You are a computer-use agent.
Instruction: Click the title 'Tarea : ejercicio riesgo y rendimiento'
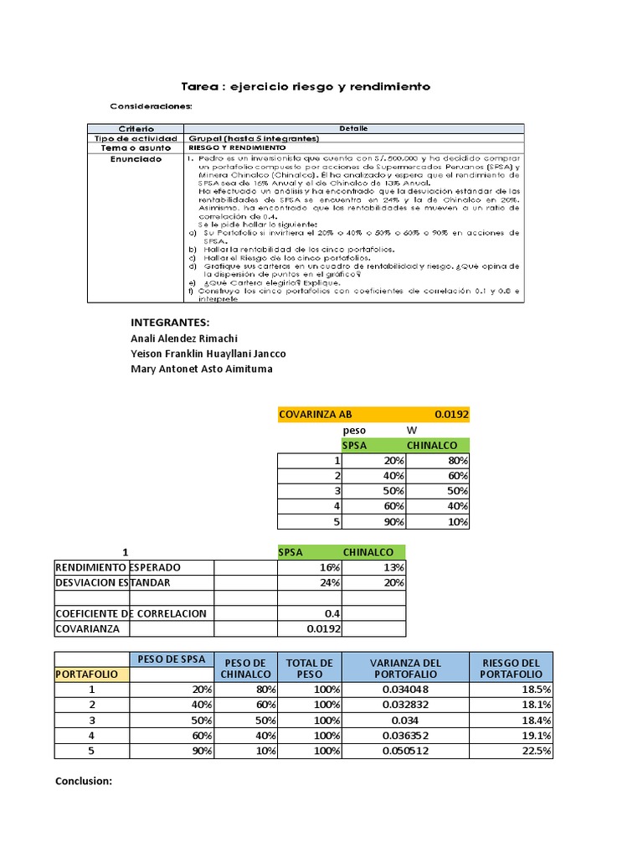pyautogui.click(x=306, y=86)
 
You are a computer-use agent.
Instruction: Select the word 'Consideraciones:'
pyautogui.click(x=152, y=106)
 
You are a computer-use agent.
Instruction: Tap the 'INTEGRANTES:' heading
pyautogui.click(x=170, y=323)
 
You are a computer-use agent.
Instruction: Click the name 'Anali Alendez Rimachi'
pyautogui.click(x=184, y=338)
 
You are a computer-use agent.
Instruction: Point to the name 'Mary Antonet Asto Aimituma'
pyautogui.click(x=202, y=369)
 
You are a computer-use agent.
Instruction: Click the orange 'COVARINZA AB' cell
pyautogui.click(x=316, y=414)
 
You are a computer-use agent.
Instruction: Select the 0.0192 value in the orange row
pyautogui.click(x=451, y=414)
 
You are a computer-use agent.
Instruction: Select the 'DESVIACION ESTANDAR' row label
pyautogui.click(x=112, y=582)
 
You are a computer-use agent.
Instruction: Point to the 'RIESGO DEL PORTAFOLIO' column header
pyautogui.click(x=511, y=668)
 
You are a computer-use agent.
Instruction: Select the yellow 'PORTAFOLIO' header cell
pyautogui.click(x=92, y=674)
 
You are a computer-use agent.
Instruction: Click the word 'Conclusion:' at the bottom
pyautogui.click(x=84, y=781)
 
